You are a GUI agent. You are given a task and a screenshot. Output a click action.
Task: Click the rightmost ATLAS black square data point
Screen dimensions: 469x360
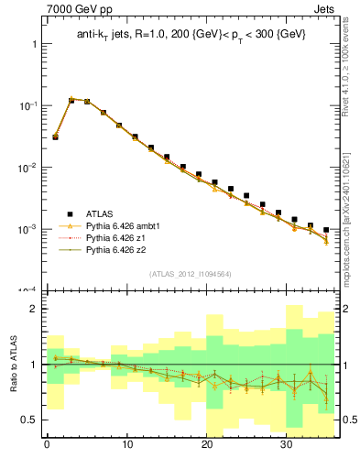coord(326,230)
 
